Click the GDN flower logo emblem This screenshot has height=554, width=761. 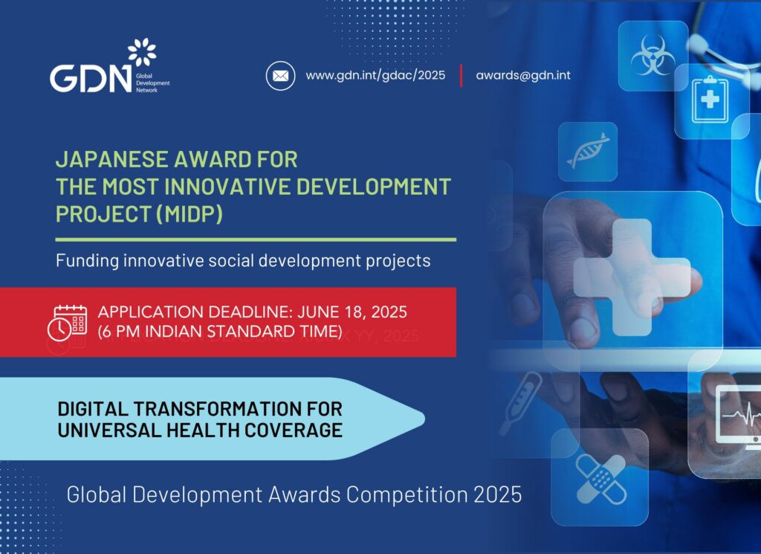tap(142, 52)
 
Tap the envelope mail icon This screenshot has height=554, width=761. tap(280, 76)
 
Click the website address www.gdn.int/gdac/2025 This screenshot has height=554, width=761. tap(375, 75)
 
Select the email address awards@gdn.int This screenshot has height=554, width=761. tap(523, 75)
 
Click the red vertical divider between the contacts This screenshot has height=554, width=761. tap(461, 76)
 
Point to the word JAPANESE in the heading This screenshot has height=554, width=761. tap(111, 159)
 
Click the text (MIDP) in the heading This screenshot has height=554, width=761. tap(190, 214)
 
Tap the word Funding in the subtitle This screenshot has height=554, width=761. tap(88, 261)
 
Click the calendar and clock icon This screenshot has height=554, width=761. tap(67, 323)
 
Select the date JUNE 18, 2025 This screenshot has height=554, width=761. tap(352, 312)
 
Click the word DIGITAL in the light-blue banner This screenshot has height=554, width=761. tap(92, 409)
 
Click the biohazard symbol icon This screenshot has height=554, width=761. tap(652, 54)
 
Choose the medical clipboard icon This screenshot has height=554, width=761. tap(710, 100)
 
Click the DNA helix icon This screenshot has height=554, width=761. tap(588, 151)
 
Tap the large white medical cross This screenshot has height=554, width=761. tap(632, 277)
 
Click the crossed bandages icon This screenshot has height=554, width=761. tap(600, 479)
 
